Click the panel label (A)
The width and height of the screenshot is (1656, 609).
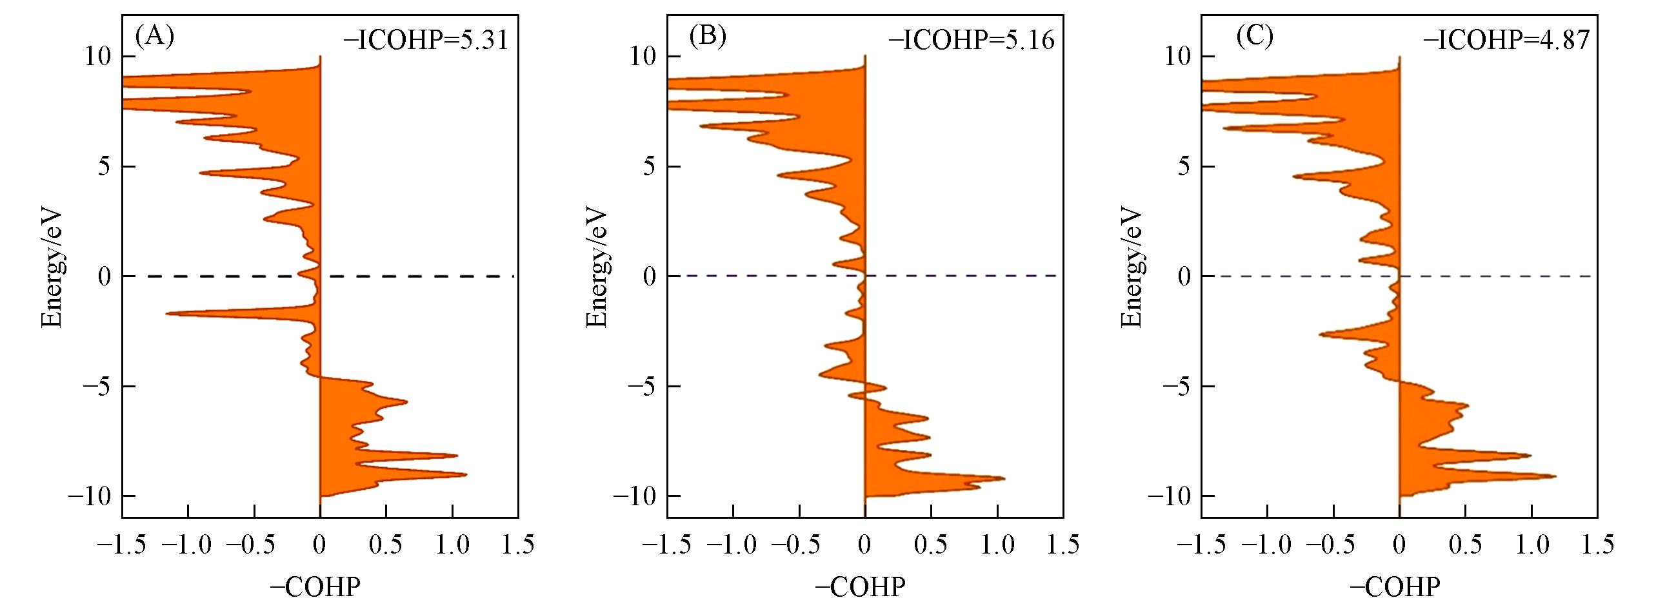[154, 37]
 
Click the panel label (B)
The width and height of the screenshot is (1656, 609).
[707, 37]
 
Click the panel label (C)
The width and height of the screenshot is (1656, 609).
[1254, 37]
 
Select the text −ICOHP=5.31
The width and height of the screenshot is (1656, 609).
[426, 41]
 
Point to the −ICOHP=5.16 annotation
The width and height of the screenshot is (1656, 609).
[972, 41]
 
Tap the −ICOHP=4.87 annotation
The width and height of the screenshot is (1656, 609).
[1506, 41]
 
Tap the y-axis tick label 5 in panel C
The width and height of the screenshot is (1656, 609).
[1183, 167]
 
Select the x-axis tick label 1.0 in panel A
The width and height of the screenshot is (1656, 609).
[452, 545]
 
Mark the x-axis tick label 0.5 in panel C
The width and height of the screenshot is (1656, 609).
[1465, 545]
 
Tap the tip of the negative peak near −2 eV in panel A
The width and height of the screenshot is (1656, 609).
[167, 314]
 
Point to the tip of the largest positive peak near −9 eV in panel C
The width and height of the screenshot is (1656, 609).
[1555, 476]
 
